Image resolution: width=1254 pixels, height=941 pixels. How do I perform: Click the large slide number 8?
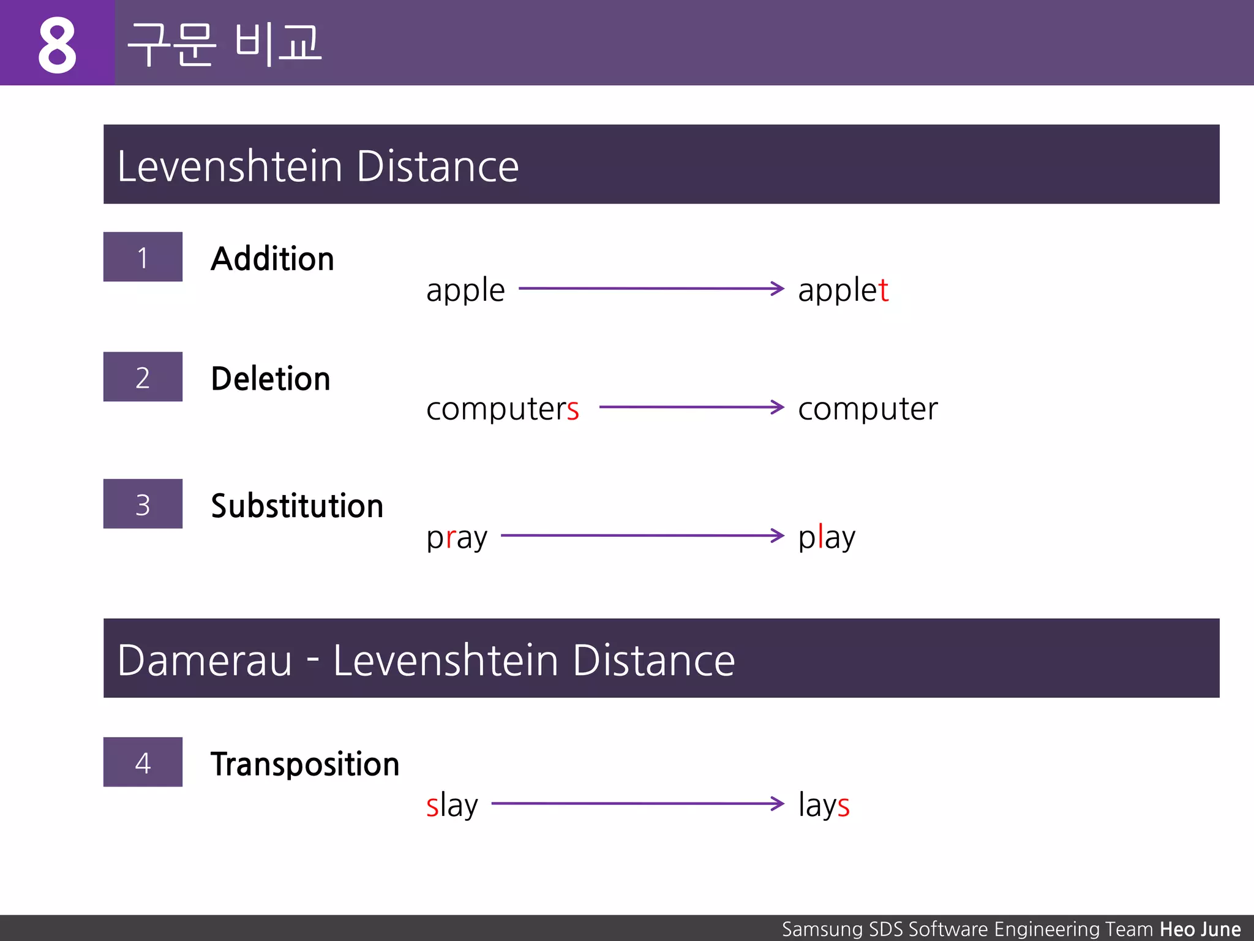coord(57,44)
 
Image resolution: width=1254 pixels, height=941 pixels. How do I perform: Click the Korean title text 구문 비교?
coord(224,44)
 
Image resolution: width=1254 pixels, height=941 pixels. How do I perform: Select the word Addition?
coord(272,259)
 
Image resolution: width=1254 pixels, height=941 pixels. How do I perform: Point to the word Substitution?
coord(297,505)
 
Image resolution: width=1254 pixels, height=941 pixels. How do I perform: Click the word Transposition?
coord(305,764)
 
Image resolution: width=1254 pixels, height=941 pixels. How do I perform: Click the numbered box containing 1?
coord(143,257)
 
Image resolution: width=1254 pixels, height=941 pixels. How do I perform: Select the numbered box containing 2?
coord(143,377)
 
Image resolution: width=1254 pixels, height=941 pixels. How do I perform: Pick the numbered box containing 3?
coord(143,504)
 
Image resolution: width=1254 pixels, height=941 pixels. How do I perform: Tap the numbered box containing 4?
coord(143,761)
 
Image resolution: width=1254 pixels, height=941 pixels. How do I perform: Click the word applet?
coord(843,290)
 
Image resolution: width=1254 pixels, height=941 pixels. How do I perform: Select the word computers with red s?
coord(502,409)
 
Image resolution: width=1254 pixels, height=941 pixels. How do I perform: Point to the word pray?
coord(457,538)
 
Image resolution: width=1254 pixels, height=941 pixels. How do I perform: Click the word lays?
coord(824,805)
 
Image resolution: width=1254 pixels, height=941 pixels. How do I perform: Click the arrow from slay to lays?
coord(637,803)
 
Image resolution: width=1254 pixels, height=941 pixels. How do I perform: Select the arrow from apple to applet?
coord(650,288)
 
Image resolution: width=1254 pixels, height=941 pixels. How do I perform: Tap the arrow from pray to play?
coord(642,535)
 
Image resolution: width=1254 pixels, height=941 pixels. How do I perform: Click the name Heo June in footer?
coord(1200,929)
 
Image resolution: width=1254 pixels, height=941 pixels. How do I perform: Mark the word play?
coord(827,538)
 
